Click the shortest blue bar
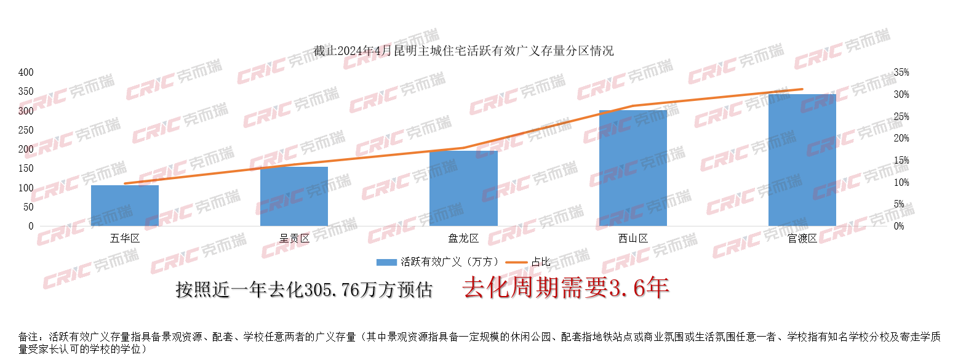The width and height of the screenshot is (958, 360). [x=125, y=206]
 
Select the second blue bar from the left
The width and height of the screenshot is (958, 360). [x=294, y=196]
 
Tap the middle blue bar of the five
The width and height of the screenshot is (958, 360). [x=463, y=188]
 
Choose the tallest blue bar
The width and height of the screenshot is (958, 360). [x=802, y=160]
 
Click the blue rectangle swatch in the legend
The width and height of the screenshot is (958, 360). [x=386, y=262]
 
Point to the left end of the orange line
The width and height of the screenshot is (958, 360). [x=125, y=183]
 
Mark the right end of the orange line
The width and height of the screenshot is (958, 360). [x=802, y=89]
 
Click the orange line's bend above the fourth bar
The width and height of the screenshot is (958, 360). [x=634, y=106]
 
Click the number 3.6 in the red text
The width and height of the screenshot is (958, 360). [x=626, y=288]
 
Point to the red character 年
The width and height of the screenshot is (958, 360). [x=656, y=288]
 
